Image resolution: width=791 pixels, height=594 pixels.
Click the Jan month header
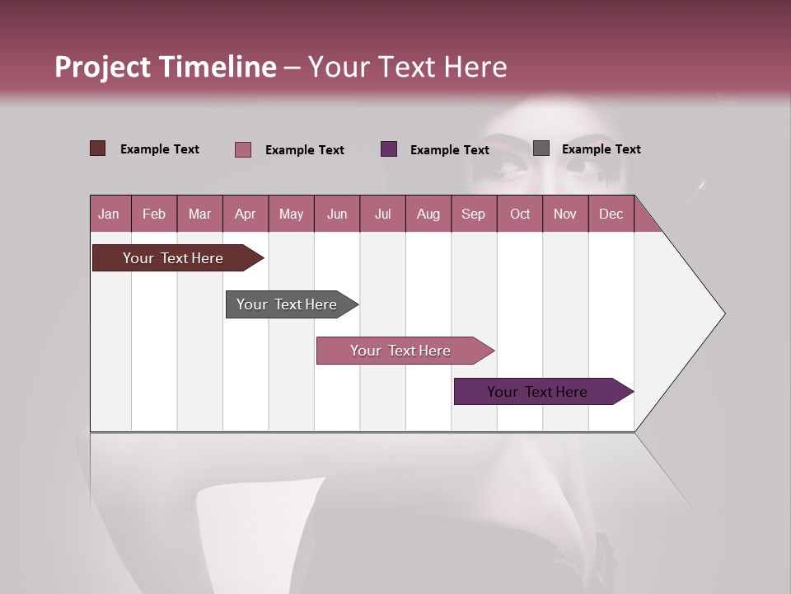click(x=109, y=214)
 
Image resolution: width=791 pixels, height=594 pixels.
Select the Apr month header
click(x=245, y=214)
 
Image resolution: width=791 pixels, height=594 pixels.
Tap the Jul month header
click(x=382, y=214)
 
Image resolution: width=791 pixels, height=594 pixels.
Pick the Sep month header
click(x=473, y=214)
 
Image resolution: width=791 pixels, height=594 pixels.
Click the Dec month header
click(x=611, y=214)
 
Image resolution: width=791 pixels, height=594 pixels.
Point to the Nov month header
click(x=564, y=214)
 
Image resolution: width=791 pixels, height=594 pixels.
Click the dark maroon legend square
click(x=97, y=148)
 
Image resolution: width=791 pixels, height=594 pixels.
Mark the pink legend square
click(x=242, y=149)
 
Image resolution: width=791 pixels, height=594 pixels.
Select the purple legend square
click(x=389, y=148)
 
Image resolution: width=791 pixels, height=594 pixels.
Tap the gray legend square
click(x=541, y=148)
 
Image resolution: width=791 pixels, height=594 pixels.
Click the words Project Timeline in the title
click(x=165, y=67)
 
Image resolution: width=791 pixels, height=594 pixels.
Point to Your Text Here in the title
click(x=407, y=67)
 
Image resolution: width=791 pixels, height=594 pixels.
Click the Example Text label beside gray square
click(x=601, y=149)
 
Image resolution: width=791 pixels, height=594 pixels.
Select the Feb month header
click(x=154, y=214)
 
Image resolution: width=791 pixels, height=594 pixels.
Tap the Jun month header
click(x=336, y=214)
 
